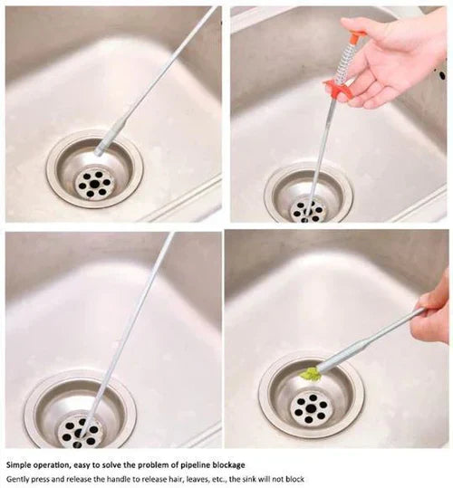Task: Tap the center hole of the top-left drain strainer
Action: click(93, 182)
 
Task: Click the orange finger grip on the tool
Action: click(339, 88)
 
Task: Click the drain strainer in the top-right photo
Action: click(308, 196)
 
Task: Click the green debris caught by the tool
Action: click(311, 373)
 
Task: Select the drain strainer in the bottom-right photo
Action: click(311, 398)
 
